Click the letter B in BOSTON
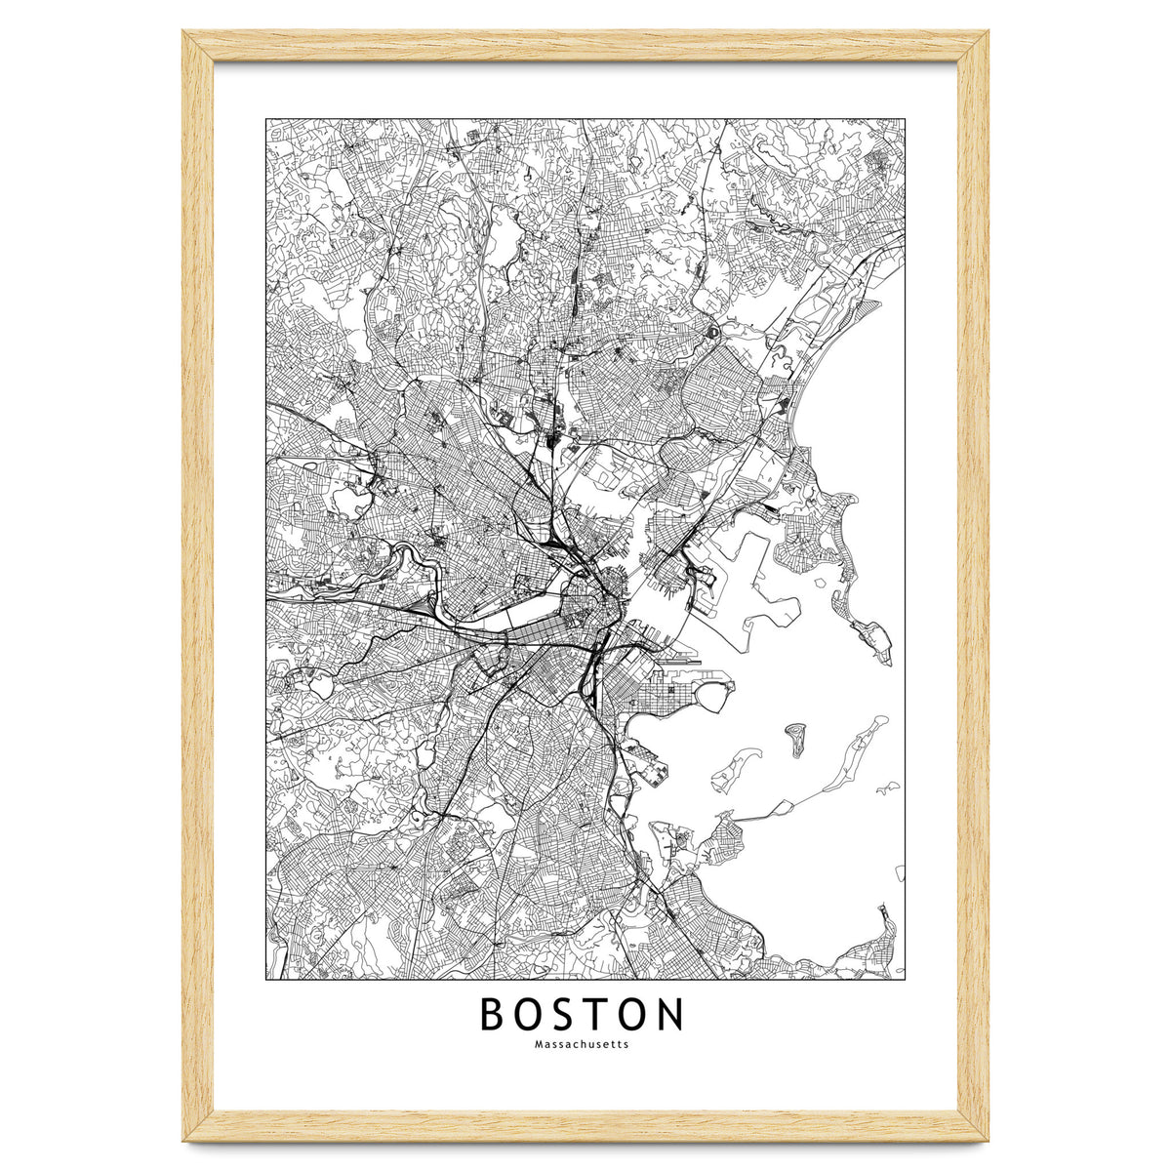[x=493, y=1015]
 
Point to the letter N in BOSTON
[x=667, y=1015]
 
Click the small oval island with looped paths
[x=796, y=740]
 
